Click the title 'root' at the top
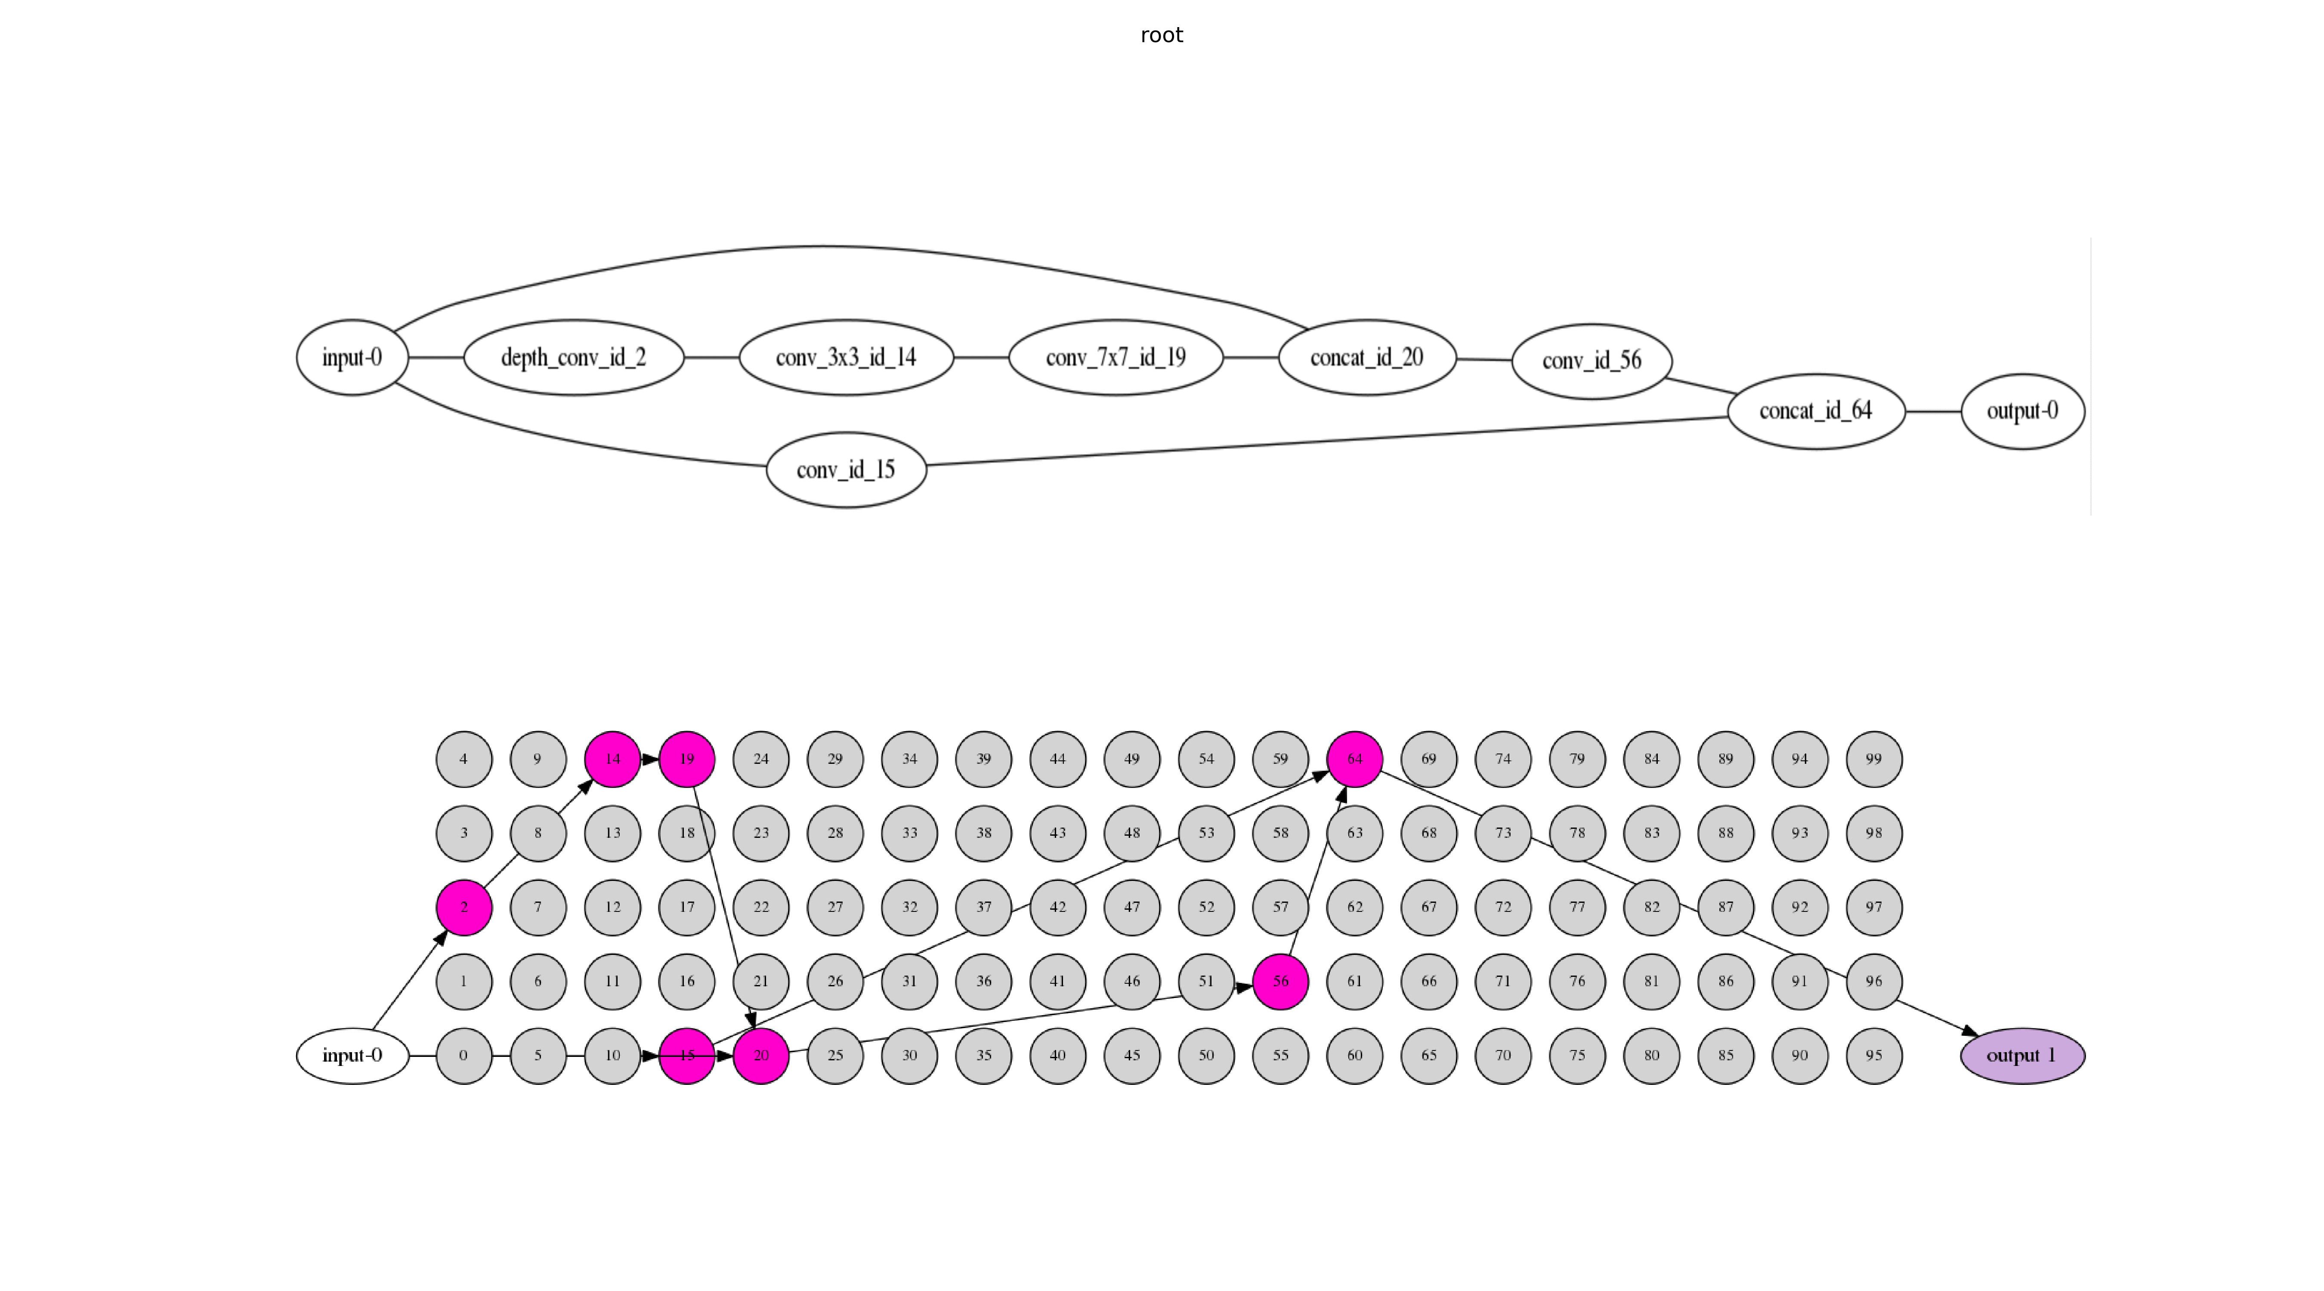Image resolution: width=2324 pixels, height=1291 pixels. click(x=1161, y=35)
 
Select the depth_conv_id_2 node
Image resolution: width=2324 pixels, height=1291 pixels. click(x=574, y=357)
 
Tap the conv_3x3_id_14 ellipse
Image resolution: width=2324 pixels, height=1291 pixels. click(x=846, y=357)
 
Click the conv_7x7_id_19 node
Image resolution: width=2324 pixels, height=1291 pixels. click(x=1116, y=357)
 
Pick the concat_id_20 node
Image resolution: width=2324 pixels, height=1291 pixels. click(x=1367, y=357)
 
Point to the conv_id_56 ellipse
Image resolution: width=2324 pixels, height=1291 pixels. click(x=1592, y=361)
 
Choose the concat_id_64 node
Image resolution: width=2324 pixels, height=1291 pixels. click(x=1816, y=411)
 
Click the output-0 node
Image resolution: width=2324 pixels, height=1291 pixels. click(x=2023, y=411)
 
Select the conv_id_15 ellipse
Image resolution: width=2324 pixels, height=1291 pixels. click(x=846, y=469)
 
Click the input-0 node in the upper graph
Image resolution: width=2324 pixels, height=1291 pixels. click(x=352, y=357)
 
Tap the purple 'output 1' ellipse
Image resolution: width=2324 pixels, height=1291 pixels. click(x=2023, y=1056)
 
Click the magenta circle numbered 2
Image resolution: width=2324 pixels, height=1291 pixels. click(x=464, y=907)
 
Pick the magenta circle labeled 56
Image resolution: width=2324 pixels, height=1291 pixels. click(x=1280, y=981)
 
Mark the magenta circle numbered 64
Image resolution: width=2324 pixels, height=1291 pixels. click(x=1354, y=759)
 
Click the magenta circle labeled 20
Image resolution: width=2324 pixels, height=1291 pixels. click(x=760, y=1056)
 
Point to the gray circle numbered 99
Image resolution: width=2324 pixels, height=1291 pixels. click(x=1874, y=759)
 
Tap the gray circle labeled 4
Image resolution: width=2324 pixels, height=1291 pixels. click(x=464, y=759)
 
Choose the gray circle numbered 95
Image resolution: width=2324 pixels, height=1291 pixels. click(x=1874, y=1056)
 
